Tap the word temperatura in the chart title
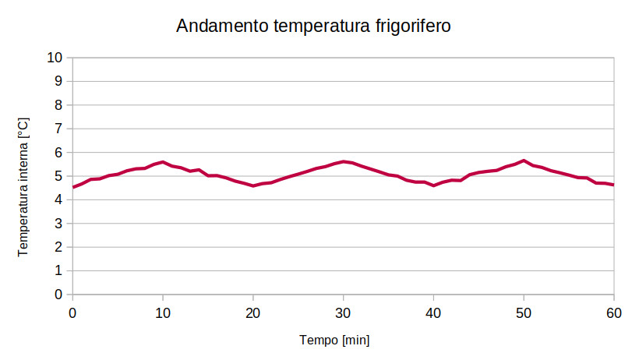(319, 26)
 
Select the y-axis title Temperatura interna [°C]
(23, 187)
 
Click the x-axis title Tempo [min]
(334, 340)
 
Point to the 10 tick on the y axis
(55, 58)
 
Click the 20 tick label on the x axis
(252, 312)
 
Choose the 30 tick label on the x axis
(343, 312)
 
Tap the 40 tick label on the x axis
(433, 312)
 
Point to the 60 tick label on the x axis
(613, 312)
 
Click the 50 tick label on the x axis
(524, 312)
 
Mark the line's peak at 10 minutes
(162, 162)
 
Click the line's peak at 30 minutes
(343, 161)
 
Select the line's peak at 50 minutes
(524, 161)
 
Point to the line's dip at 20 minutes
(252, 185)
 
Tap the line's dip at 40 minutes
(433, 185)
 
